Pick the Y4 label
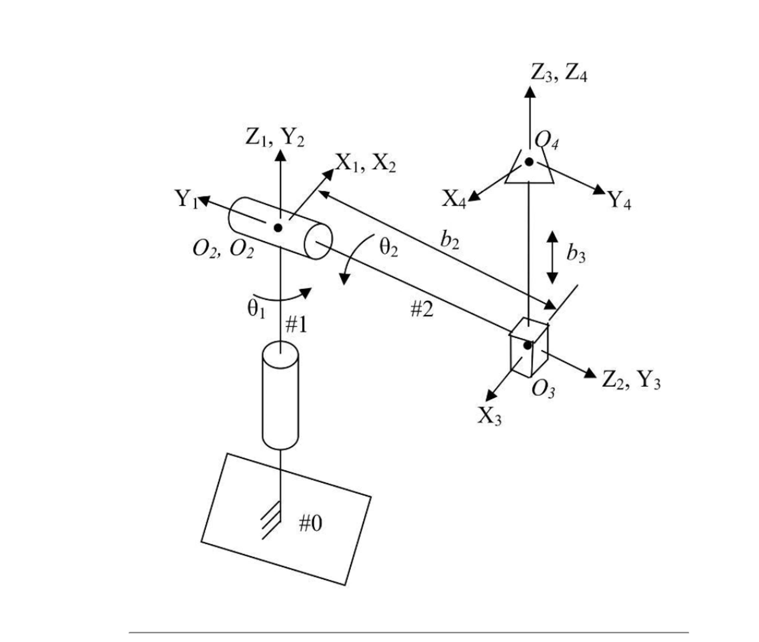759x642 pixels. click(620, 200)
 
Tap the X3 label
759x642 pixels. click(489, 416)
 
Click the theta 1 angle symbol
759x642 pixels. click(256, 310)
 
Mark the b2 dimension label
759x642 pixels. click(450, 240)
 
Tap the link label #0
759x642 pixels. click(310, 524)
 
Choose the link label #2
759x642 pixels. click(422, 310)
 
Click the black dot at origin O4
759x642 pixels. click(529, 162)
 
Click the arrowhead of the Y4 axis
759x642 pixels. click(599, 190)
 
